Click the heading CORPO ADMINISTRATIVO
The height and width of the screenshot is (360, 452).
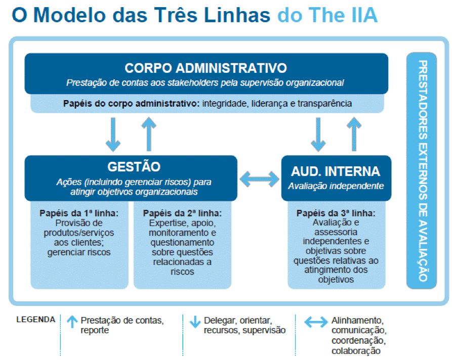[206, 68]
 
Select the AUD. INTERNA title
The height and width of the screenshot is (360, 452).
[336, 171]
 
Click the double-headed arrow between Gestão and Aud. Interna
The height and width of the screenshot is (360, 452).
[260, 179]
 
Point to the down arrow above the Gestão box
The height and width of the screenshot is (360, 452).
[113, 134]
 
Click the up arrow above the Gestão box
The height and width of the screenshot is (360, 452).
[149, 134]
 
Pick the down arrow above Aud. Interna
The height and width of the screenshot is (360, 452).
[318, 134]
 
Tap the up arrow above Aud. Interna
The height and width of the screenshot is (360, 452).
[354, 134]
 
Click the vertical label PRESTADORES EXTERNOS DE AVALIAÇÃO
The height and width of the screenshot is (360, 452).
[423, 171]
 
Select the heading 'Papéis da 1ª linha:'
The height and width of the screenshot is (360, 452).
[79, 213]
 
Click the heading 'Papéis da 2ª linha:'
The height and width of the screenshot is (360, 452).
[183, 213]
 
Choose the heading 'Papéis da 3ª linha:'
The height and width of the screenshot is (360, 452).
[336, 213]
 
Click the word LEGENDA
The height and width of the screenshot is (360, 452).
[36, 320]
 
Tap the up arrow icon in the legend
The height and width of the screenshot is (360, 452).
[72, 322]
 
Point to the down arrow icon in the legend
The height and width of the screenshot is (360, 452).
[195, 322]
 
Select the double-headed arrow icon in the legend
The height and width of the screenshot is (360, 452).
[316, 322]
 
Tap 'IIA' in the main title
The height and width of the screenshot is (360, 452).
[364, 15]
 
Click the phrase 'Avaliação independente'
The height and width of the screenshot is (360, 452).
[336, 186]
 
